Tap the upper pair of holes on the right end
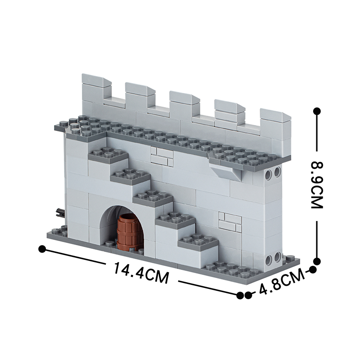click(x=273, y=172)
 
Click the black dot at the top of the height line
click(x=317, y=110)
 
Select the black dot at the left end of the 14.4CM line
click(x=43, y=248)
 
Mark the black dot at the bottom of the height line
click(x=317, y=261)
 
